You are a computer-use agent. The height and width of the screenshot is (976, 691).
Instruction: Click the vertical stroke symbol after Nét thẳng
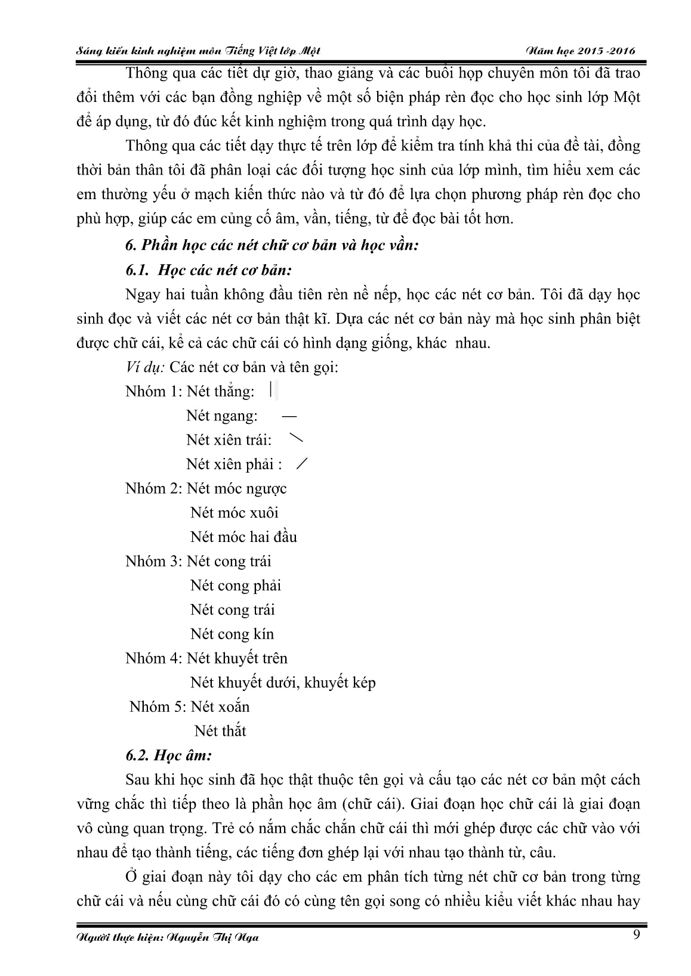click(270, 391)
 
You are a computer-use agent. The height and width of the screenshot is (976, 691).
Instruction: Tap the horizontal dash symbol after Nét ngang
click(289, 416)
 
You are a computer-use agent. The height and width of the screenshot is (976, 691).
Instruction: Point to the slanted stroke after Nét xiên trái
click(295, 439)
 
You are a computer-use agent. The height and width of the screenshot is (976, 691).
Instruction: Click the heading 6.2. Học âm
click(169, 755)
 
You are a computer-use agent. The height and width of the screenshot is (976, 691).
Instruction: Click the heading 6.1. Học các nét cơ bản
click(208, 269)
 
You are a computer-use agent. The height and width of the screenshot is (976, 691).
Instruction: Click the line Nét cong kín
click(232, 634)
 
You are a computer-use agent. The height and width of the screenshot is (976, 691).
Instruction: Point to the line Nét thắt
click(220, 731)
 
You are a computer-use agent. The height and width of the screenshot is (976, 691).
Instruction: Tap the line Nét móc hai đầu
click(243, 537)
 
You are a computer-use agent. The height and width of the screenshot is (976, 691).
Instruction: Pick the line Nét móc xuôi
click(235, 513)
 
